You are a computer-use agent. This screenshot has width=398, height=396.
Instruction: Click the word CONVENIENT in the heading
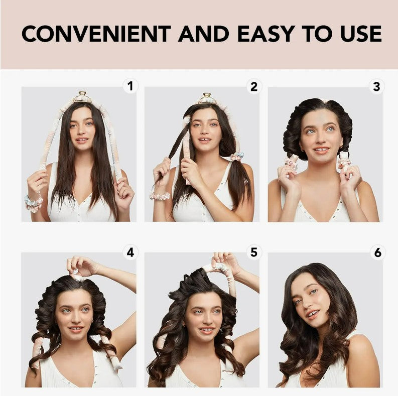(96, 34)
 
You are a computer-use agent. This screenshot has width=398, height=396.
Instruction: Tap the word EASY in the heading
(267, 34)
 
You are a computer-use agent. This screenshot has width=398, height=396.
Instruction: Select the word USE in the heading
(361, 34)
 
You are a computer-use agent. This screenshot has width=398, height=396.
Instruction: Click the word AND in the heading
(204, 34)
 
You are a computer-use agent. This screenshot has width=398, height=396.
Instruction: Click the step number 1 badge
(130, 86)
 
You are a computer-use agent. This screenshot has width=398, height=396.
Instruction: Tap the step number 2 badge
(254, 86)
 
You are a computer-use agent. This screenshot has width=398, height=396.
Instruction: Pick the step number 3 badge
(377, 87)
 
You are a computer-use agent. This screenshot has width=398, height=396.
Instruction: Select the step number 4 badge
(130, 252)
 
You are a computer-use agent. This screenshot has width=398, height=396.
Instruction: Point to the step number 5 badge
(254, 252)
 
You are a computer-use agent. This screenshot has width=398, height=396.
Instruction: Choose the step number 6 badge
(377, 252)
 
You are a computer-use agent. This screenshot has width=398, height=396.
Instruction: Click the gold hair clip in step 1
(82, 97)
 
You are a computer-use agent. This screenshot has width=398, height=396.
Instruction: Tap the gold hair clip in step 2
(207, 98)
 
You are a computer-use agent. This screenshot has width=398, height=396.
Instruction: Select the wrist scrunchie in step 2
(160, 196)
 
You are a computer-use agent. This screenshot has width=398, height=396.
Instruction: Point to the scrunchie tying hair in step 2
(237, 156)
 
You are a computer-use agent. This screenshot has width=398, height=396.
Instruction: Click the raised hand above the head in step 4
(82, 266)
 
